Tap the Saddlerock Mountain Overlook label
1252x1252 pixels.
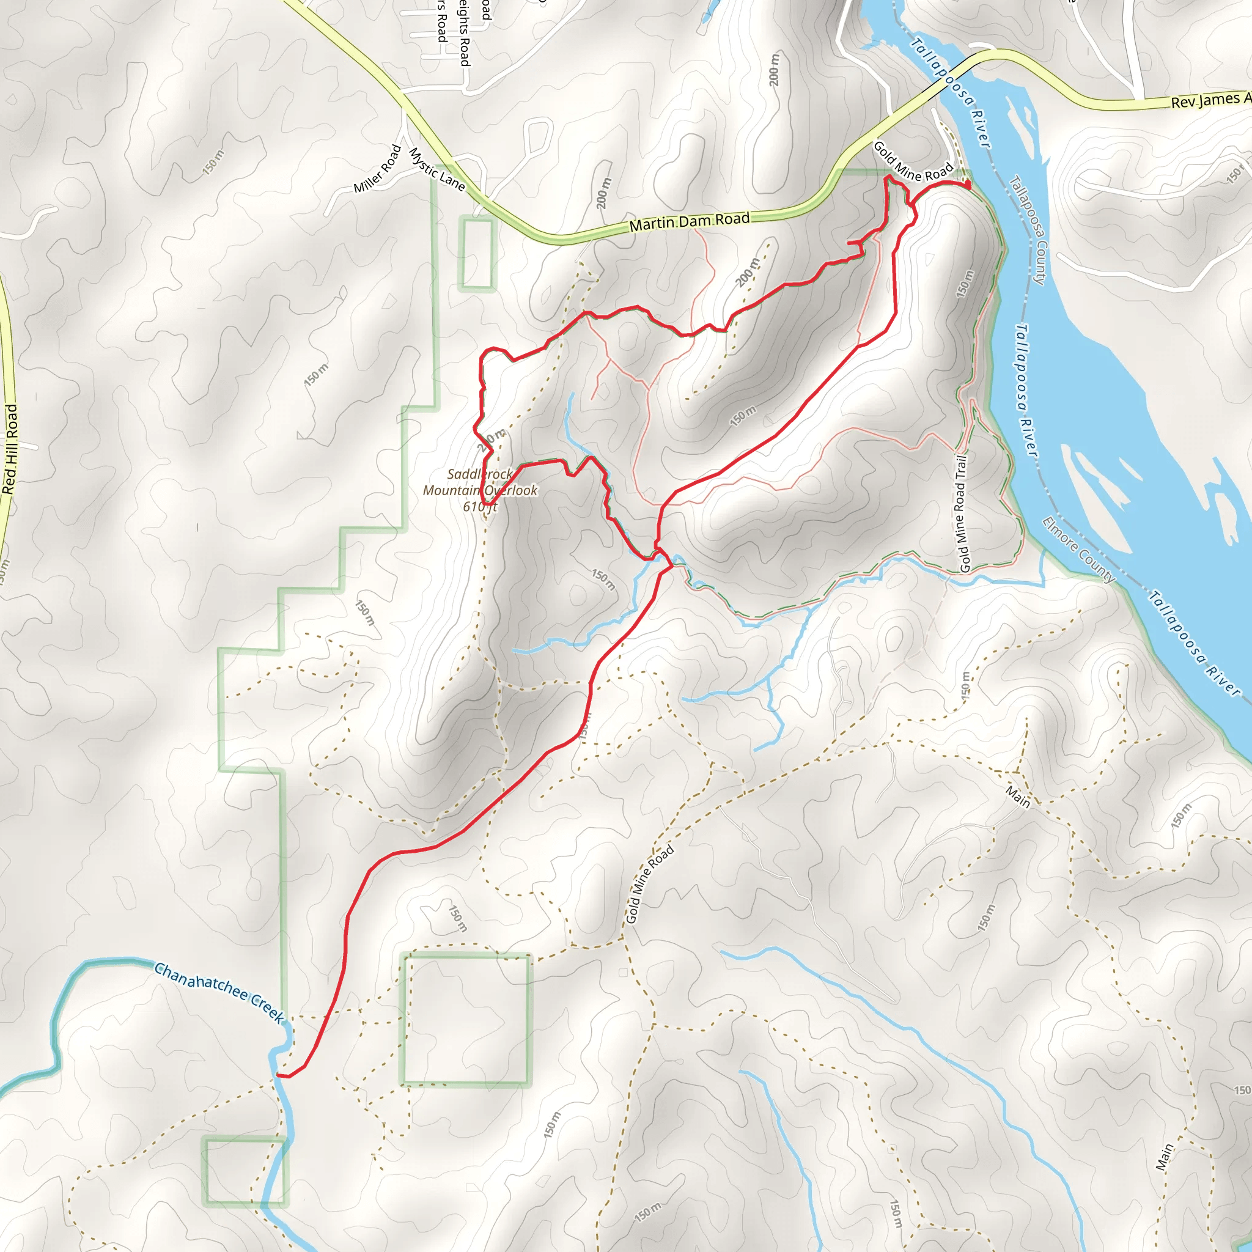tap(480, 482)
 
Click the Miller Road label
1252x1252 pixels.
tap(378, 169)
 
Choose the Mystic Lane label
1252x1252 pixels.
tap(436, 170)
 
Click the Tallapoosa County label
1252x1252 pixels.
tap(1028, 230)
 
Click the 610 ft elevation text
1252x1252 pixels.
tap(480, 506)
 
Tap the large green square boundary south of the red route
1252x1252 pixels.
tap(466, 1018)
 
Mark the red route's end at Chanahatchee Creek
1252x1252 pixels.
tap(278, 1075)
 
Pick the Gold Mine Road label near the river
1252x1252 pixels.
tap(913, 162)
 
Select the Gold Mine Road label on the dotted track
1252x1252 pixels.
tap(650, 884)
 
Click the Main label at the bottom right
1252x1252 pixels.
tap(1165, 1157)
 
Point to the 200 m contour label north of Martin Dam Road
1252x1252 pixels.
tap(775, 69)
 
